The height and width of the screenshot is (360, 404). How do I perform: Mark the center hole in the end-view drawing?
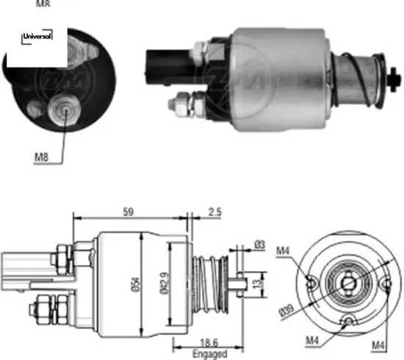(347, 281)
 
